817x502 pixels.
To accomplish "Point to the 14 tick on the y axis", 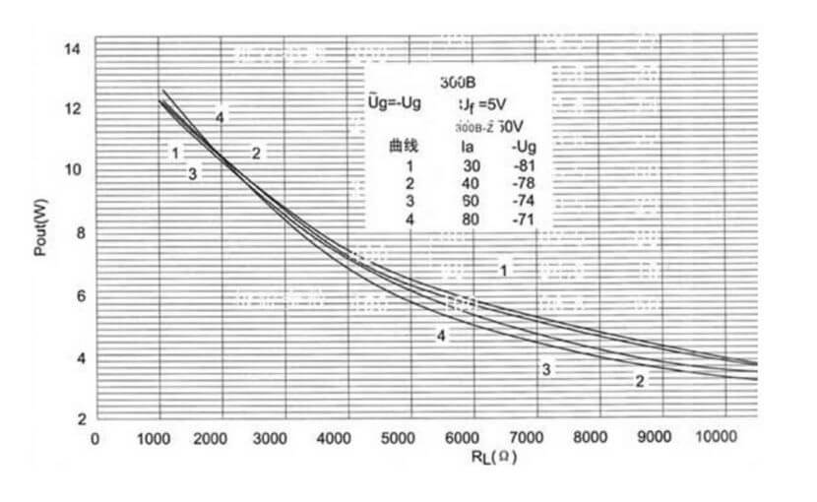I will pos(74,47).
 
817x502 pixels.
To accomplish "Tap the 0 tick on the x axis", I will pos(94,438).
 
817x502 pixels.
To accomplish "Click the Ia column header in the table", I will pos(470,147).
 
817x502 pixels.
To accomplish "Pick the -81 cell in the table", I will pos(524,165).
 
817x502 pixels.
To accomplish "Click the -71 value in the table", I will pos(524,219).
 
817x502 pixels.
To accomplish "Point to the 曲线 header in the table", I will pos(404,147).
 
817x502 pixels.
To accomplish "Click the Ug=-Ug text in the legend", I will pos(388,102).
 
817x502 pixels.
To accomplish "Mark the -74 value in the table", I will pos(524,201).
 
